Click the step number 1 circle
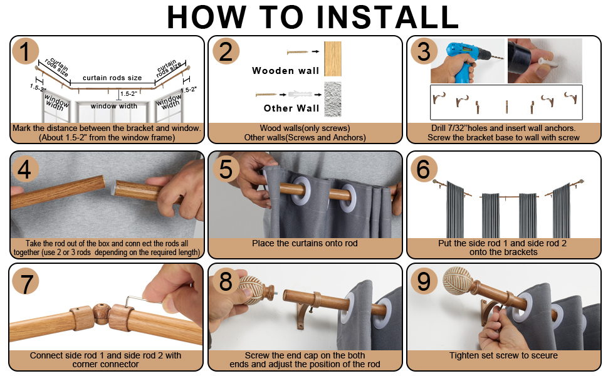(26, 51)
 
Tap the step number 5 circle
(226, 169)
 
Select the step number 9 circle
(424, 281)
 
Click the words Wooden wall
(285, 71)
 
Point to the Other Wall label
(291, 108)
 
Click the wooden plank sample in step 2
(333, 58)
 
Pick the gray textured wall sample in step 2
(333, 99)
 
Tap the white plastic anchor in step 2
(300, 95)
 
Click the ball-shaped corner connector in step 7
(101, 313)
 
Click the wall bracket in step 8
(306, 315)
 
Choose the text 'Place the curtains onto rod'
(305, 243)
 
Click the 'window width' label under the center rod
(114, 106)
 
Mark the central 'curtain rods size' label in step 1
(112, 78)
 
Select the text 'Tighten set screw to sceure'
(503, 355)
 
